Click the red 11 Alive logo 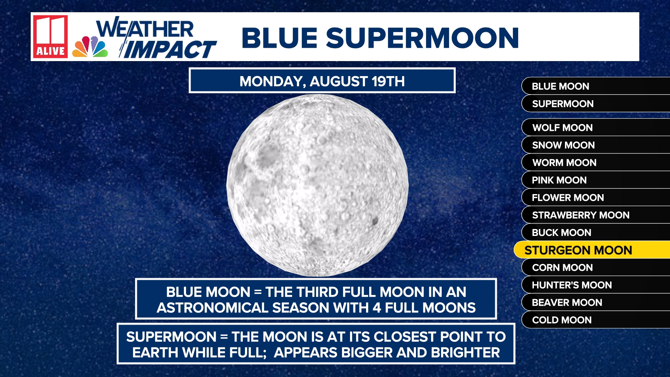coord(50,36)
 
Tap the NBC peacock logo coord(90,47)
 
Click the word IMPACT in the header coord(170,50)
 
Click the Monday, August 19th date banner coord(322,81)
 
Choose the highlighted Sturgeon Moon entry coord(578,250)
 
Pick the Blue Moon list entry coord(560,86)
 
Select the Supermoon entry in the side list coord(563,104)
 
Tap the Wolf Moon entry coord(562,127)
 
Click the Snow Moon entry coord(563,145)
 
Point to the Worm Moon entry coord(564,162)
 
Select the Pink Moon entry coord(559,180)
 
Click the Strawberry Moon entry coord(581,215)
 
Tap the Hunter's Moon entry coord(572,285)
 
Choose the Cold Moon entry coord(562,320)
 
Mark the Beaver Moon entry coord(567,302)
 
